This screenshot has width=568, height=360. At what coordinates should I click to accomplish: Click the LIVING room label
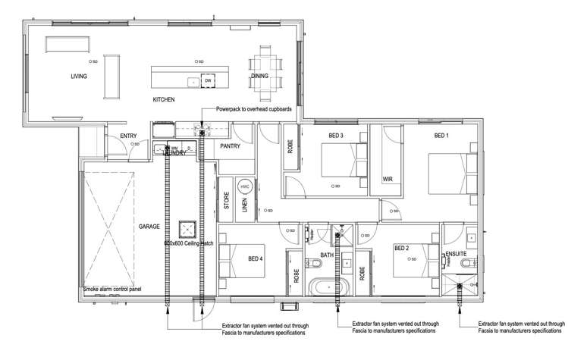(78, 77)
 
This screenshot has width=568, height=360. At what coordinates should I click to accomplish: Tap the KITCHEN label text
(164, 100)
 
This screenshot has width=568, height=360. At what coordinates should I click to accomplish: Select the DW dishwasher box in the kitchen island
(207, 81)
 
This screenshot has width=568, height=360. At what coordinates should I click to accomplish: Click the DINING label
(260, 77)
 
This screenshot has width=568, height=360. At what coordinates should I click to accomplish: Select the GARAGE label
(148, 227)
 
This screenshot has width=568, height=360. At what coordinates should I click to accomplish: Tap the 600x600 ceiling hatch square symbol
(187, 230)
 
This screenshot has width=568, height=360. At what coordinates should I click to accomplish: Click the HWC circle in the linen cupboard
(245, 186)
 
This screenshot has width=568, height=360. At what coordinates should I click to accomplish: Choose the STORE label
(225, 202)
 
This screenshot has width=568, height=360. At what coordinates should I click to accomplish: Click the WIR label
(387, 179)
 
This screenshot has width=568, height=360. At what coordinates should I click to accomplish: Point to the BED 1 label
(441, 136)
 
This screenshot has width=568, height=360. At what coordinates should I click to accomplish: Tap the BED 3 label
(336, 136)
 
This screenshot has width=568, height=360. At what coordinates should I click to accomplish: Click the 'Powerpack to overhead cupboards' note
(253, 109)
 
